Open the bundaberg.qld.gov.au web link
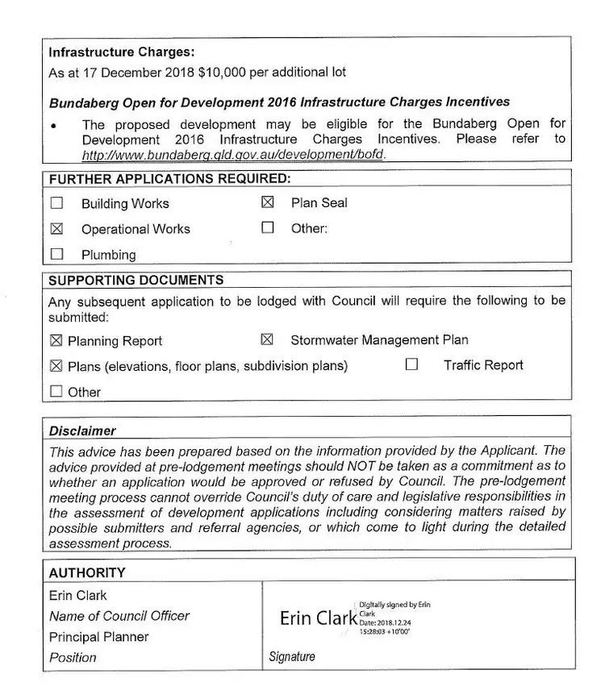(234, 154)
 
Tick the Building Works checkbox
(56, 203)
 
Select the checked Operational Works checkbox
(56, 229)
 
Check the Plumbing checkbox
(56, 254)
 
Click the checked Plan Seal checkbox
(268, 202)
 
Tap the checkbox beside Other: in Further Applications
(268, 228)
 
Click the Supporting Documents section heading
(136, 281)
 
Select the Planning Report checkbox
(56, 341)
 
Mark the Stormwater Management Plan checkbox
(268, 339)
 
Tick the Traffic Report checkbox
(411, 364)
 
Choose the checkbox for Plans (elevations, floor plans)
(56, 366)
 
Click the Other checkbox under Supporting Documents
(56, 392)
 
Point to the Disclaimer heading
(82, 431)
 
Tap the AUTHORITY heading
(87, 572)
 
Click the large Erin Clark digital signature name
(318, 618)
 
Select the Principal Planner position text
(99, 636)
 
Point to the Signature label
(292, 657)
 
